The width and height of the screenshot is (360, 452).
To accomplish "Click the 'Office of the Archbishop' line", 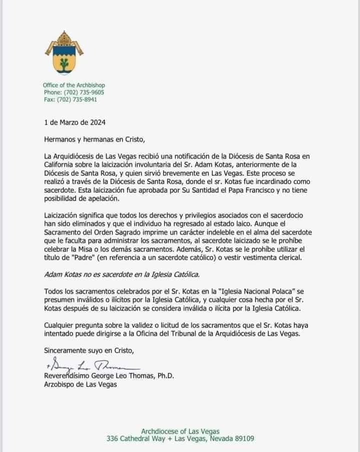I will click(x=74, y=86).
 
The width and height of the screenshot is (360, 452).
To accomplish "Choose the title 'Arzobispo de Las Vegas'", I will click(x=80, y=384).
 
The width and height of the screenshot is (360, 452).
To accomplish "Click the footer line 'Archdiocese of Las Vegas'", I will click(x=180, y=431).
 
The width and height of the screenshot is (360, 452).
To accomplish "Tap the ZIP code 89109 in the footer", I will click(x=242, y=438).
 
